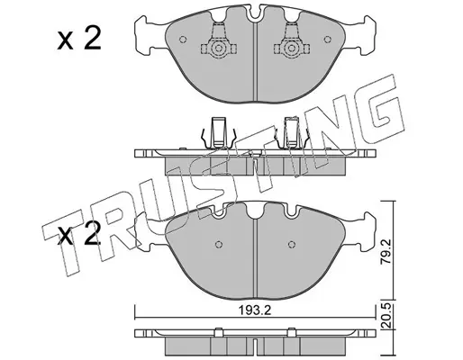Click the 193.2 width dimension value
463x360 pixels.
pos(255,310)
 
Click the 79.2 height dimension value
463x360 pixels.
pos(386,251)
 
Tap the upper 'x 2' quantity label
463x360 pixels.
pos(79,39)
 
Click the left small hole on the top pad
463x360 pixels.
pos(183,40)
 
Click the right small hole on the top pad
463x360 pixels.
pos(327,40)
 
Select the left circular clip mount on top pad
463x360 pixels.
pos(219,49)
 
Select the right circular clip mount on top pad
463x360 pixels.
pos(291,49)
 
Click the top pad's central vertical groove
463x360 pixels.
pos(255,61)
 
